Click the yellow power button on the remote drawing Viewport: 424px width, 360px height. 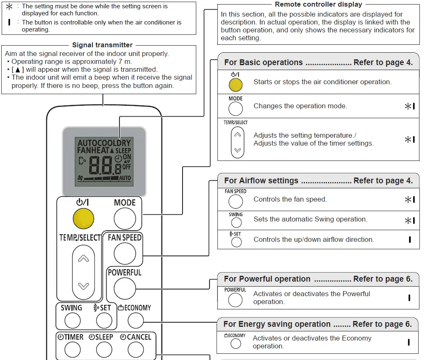[x=83, y=219]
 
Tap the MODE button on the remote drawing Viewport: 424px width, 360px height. [x=124, y=219]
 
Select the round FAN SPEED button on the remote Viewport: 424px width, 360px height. [x=124, y=254]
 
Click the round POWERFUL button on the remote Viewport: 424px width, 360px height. [x=124, y=289]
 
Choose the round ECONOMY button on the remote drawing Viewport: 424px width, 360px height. [x=135, y=320]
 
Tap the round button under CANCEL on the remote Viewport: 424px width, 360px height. [x=135, y=350]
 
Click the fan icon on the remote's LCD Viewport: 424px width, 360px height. [x=81, y=178]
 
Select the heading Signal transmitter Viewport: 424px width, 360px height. [x=102, y=45]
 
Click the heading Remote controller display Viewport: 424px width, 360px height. [x=318, y=5]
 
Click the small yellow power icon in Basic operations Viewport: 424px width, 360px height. [x=235, y=85]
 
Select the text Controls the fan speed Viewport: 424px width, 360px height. [x=290, y=199]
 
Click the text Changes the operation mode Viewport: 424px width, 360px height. [x=300, y=106]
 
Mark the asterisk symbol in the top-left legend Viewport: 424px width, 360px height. [x=9, y=7]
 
